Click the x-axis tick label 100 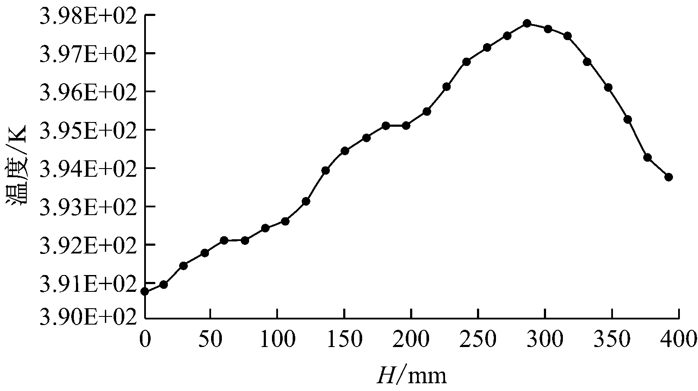[277, 339]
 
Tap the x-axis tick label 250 [478, 339]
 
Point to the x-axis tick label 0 [145, 339]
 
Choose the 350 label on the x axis [613, 339]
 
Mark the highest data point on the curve [527, 23]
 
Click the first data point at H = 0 [145, 291]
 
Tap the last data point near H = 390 [669, 177]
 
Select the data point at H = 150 [344, 151]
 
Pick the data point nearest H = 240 [466, 62]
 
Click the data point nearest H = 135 [325, 170]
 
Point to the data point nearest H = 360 [628, 119]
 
